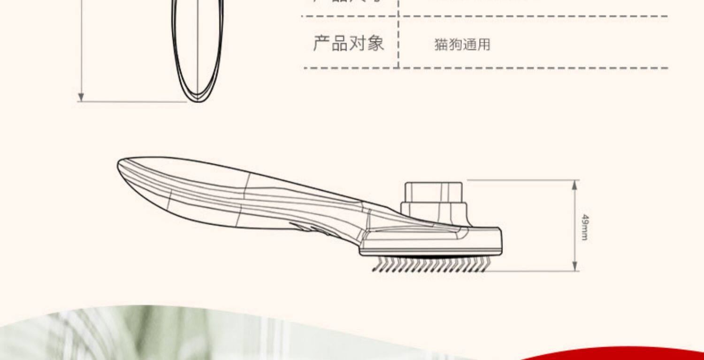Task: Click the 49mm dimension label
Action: pyautogui.click(x=585, y=227)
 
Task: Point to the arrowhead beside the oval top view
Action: pyautogui.click(x=81, y=97)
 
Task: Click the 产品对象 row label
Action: pyautogui.click(x=348, y=43)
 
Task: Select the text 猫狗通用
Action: pyautogui.click(x=462, y=45)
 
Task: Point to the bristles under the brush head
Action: pyautogui.click(x=432, y=264)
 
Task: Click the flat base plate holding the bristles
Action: pyautogui.click(x=429, y=251)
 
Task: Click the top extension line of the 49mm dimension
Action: pyautogui.click(x=521, y=180)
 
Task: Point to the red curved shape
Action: pyautogui.click(x=634, y=353)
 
